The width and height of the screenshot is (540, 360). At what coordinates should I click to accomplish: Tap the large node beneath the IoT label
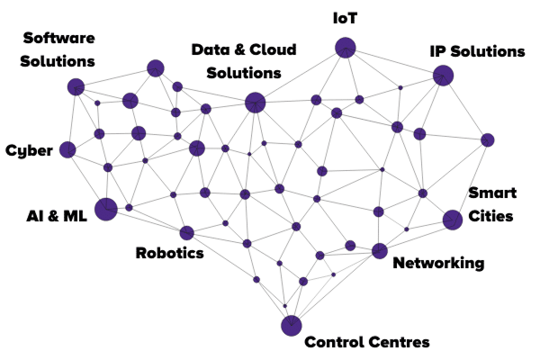pyautogui.click(x=346, y=48)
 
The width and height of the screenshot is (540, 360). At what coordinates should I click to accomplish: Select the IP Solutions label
pyautogui.click(x=476, y=51)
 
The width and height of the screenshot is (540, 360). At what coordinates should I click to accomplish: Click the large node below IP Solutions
pyautogui.click(x=443, y=76)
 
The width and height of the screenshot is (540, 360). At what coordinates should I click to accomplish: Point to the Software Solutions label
pyautogui.click(x=58, y=49)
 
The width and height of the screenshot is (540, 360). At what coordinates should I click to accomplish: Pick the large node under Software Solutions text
pyautogui.click(x=76, y=86)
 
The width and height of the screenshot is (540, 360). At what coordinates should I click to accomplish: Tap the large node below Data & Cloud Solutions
pyautogui.click(x=255, y=103)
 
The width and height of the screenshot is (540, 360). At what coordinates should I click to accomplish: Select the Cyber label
pyautogui.click(x=28, y=150)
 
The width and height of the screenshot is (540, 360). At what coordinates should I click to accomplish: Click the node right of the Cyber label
pyautogui.click(x=67, y=149)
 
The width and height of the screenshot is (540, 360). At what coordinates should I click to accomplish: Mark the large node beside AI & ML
pyautogui.click(x=105, y=209)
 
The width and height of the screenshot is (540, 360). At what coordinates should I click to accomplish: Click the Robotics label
pyautogui.click(x=169, y=253)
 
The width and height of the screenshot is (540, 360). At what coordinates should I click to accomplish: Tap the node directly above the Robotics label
pyautogui.click(x=186, y=233)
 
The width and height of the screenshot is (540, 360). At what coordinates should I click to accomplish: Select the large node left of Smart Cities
pyautogui.click(x=453, y=219)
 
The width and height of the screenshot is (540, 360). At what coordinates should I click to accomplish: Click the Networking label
pyautogui.click(x=438, y=264)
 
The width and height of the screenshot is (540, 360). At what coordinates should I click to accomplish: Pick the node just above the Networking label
pyautogui.click(x=379, y=250)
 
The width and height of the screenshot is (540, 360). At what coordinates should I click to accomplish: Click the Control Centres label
pyautogui.click(x=367, y=342)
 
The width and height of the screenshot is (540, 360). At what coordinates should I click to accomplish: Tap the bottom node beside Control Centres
pyautogui.click(x=291, y=326)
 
